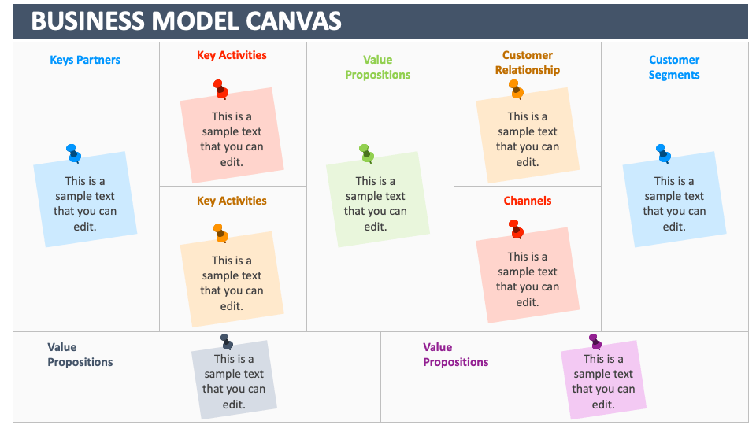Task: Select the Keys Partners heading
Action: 85,60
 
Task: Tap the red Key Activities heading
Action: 232,55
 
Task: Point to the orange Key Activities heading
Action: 232,201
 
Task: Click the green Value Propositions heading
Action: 377,67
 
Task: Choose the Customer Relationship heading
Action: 528,62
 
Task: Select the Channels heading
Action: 528,201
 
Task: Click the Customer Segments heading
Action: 674,67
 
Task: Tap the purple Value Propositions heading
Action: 455,354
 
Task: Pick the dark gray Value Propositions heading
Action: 80,354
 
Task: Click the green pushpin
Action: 366,153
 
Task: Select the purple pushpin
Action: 595,342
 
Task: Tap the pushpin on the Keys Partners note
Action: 73,153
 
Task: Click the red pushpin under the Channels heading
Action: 516,229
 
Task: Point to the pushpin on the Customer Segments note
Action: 663,153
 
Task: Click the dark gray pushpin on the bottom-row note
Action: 227,342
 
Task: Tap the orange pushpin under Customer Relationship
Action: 516,89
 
